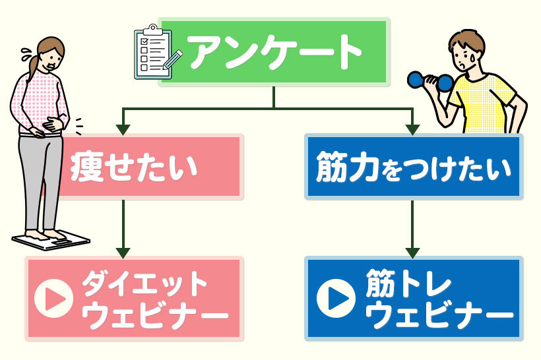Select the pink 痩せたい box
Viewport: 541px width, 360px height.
152,167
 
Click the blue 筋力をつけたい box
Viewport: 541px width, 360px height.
414,167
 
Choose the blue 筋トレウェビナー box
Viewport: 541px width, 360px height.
414,298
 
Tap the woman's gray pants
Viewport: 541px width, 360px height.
40,178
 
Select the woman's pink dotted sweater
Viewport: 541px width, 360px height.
36,99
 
